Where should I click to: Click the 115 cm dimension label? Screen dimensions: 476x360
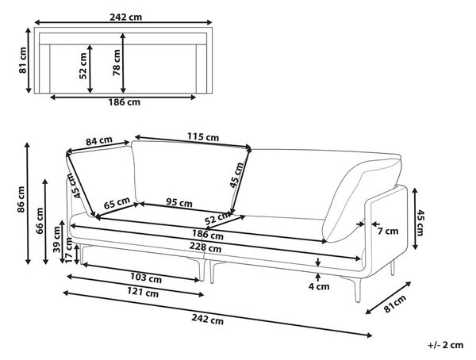point(203,137)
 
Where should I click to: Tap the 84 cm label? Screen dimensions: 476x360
point(99,141)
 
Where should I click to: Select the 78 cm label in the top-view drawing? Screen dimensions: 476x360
point(117,63)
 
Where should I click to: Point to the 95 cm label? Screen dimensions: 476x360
point(179,202)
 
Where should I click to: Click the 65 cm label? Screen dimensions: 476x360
point(117,203)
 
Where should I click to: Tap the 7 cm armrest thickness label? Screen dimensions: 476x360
point(388,231)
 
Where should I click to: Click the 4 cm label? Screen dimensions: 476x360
point(319,286)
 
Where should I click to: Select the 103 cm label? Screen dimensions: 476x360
point(146,278)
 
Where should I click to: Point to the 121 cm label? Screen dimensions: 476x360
point(143,293)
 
